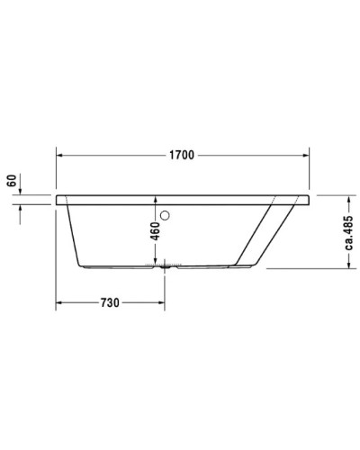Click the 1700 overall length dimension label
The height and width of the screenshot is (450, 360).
[x=181, y=155]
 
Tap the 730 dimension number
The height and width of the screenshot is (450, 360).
[x=109, y=303]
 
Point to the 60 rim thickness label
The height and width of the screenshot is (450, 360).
[x=12, y=180]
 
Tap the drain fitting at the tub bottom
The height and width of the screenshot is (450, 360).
[x=165, y=266]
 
